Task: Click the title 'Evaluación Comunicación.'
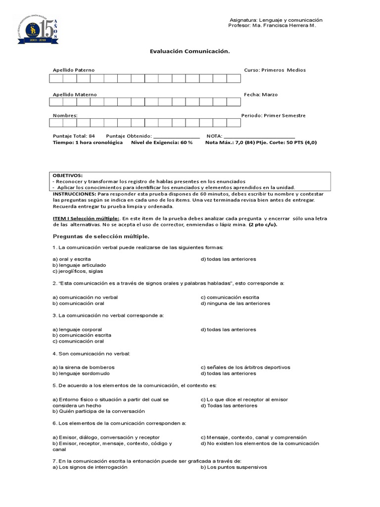point(190,51)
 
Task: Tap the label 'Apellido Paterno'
point(74,70)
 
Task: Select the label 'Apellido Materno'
point(75,95)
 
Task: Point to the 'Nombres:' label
point(65,116)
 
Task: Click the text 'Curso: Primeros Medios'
point(275,70)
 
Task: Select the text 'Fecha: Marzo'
point(261,95)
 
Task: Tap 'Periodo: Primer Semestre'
point(273,116)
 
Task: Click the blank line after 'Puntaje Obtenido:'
point(177,136)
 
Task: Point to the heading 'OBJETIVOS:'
point(68,176)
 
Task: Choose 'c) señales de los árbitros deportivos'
point(245,367)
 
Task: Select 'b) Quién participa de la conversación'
point(98,411)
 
